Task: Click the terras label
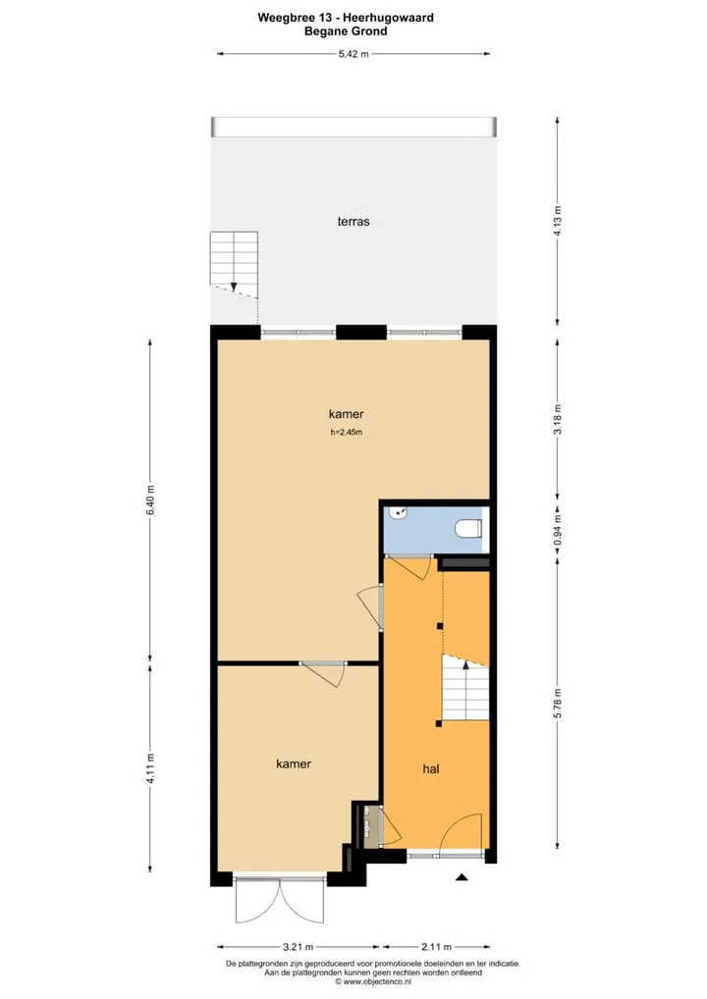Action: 353,222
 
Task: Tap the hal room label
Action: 431,769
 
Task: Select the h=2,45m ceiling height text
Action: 347,432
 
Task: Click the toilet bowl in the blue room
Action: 468,529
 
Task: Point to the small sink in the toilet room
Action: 400,512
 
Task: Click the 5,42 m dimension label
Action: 353,54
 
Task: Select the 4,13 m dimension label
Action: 557,221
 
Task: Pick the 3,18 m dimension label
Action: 557,419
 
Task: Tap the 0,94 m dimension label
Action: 557,530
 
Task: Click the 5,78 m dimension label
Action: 557,704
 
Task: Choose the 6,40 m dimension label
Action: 150,500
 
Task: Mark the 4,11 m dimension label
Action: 150,768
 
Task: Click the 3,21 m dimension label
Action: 298,947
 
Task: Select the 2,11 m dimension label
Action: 436,947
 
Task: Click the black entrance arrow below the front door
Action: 462,877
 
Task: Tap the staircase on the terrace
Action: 234,264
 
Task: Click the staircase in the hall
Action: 465,688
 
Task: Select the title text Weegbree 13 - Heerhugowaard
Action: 346,18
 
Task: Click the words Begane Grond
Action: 346,31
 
